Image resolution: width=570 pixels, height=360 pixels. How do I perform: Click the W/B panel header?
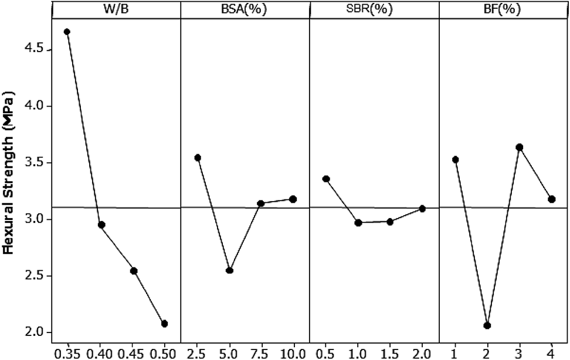[116, 9]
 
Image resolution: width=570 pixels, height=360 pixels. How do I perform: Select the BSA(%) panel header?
[245, 9]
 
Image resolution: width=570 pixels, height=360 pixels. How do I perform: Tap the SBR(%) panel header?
[374, 9]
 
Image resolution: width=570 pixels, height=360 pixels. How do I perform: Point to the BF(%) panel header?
[503, 9]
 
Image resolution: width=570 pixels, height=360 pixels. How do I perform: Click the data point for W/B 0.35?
[67, 32]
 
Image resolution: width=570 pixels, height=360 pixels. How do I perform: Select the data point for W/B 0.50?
[165, 324]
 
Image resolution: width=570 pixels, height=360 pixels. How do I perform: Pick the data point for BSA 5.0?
[230, 270]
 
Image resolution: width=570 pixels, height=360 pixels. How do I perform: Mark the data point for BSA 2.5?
[198, 157]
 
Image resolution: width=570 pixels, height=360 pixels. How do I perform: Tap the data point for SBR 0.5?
[326, 179]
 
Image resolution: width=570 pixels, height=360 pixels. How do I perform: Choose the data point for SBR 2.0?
[422, 208]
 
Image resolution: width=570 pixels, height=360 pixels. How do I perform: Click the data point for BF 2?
[487, 325]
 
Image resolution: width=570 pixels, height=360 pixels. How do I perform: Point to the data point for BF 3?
[519, 147]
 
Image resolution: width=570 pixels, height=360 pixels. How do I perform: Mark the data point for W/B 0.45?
[134, 271]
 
